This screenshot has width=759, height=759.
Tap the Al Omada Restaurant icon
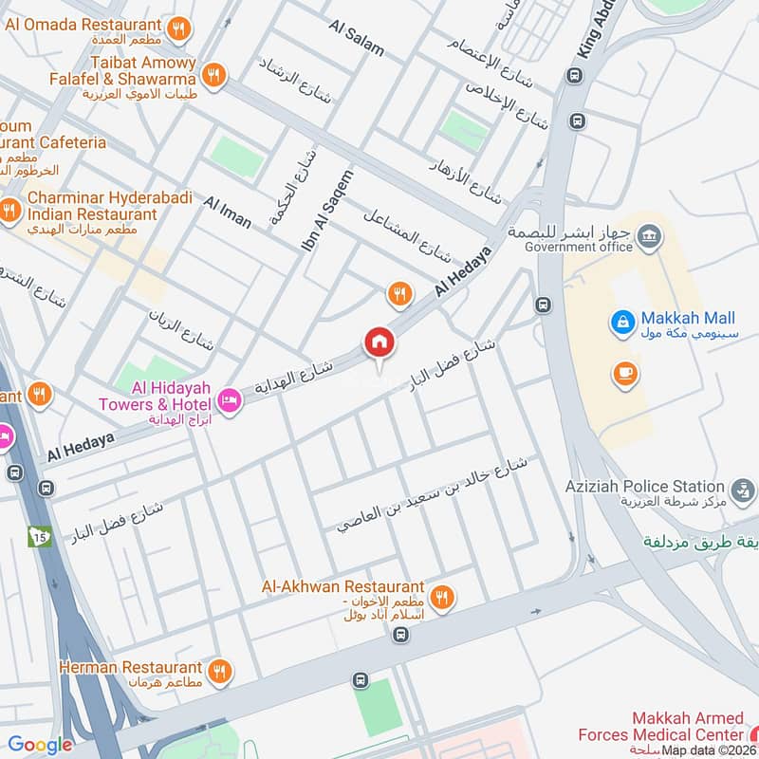(177, 30)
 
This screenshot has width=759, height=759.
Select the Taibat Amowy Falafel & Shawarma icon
(215, 74)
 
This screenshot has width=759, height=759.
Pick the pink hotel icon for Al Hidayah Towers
(230, 401)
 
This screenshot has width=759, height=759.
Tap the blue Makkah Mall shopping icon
(622, 323)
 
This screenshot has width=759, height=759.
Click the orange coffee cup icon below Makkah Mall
(623, 373)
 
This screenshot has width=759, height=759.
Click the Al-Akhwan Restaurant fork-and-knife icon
(441, 597)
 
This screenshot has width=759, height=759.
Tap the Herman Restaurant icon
(219, 671)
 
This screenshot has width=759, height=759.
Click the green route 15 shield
(39, 537)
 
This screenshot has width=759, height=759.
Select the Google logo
(40, 745)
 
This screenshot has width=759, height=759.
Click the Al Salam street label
(358, 37)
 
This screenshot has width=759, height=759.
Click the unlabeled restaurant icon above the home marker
(399, 295)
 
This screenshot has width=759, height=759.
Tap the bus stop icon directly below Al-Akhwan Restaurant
(401, 635)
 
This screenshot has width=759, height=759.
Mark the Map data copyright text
(709, 750)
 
